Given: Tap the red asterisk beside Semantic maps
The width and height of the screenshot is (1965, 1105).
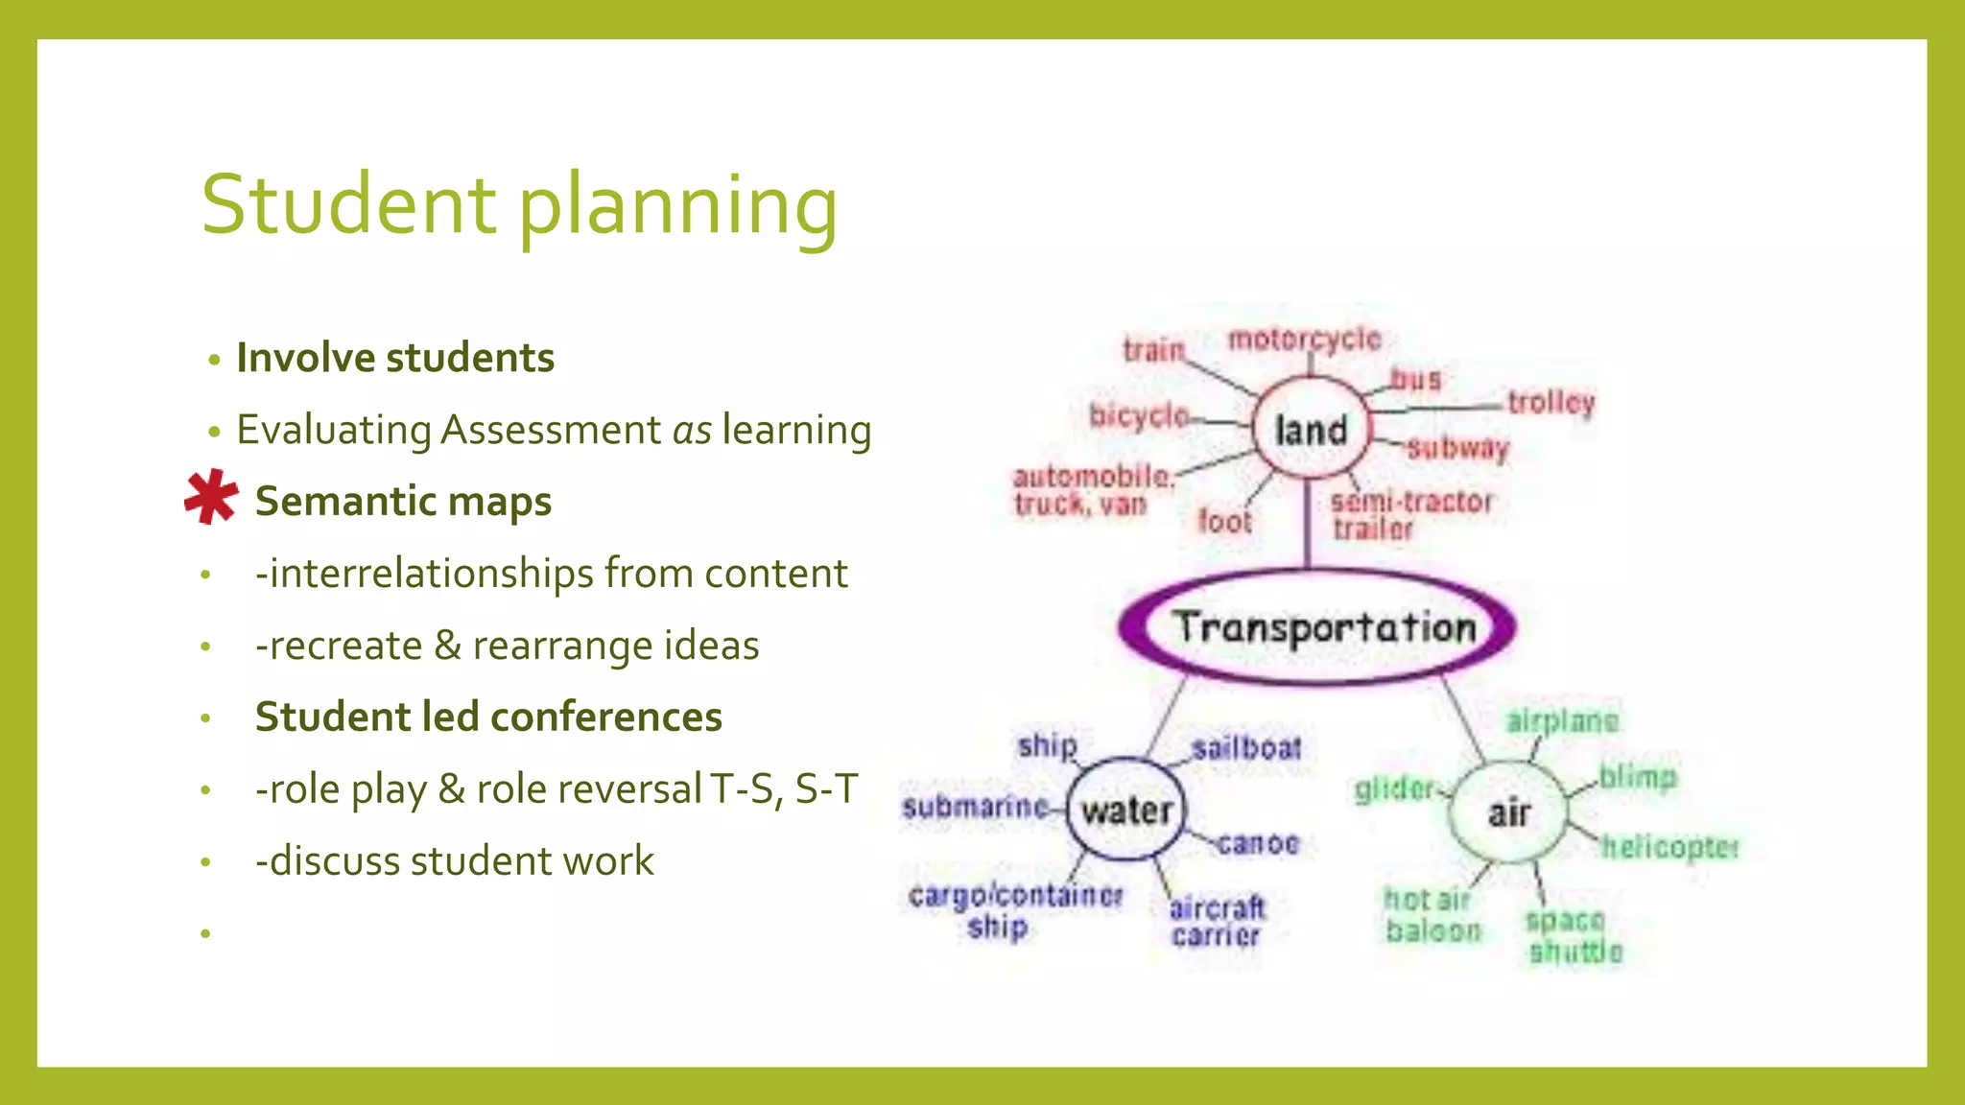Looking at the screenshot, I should pyautogui.click(x=211, y=497).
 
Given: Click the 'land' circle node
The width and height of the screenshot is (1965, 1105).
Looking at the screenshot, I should pyautogui.click(x=1312, y=430).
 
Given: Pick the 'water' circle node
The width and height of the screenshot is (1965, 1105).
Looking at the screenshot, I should pyautogui.click(x=1126, y=811).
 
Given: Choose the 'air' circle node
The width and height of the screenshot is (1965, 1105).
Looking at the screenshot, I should pyautogui.click(x=1508, y=813).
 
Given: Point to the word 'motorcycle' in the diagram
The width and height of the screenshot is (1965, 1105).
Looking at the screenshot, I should pyautogui.click(x=1304, y=340).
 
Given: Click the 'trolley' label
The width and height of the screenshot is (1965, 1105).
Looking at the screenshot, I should pyautogui.click(x=1551, y=402).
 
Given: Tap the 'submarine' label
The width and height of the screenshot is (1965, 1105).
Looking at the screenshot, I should pyautogui.click(x=975, y=807).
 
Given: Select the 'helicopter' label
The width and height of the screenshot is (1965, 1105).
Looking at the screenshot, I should pyautogui.click(x=1669, y=847).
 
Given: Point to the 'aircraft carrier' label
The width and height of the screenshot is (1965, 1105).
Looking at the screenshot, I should pyautogui.click(x=1217, y=921).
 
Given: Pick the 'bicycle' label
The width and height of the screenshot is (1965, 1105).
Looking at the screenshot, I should pyautogui.click(x=1139, y=416).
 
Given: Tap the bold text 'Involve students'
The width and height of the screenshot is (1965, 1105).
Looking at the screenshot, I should pyautogui.click(x=395, y=358).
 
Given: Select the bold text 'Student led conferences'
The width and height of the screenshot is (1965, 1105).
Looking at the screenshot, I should pyautogui.click(x=488, y=717).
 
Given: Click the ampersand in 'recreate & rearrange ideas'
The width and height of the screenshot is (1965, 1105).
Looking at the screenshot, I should pyautogui.click(x=447, y=646).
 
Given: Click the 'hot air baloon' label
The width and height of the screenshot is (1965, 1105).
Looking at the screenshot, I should pyautogui.click(x=1432, y=915).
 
